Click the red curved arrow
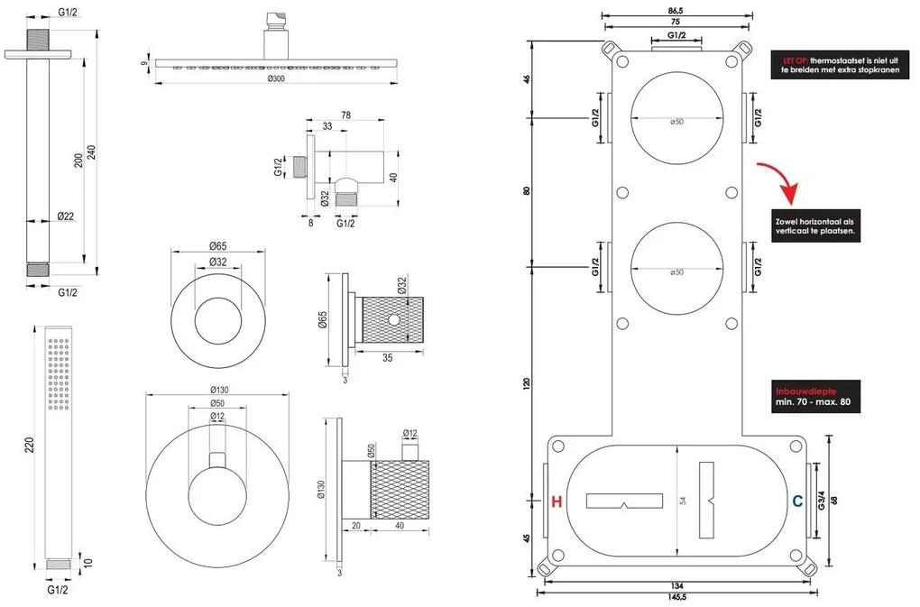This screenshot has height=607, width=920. point(783,179)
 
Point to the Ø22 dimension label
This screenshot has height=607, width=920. point(65,217)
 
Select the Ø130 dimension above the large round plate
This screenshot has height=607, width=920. point(217,389)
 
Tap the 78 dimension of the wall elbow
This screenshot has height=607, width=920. point(346,114)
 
